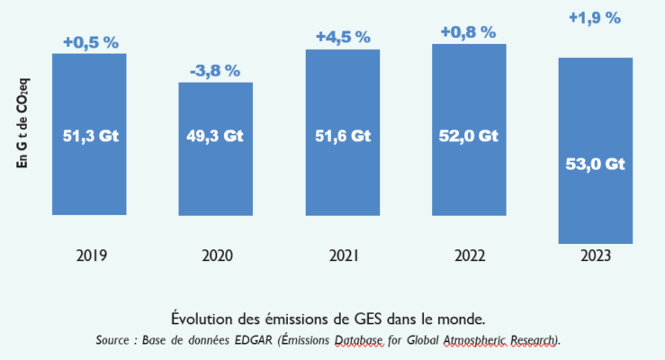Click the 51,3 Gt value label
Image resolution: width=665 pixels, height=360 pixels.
tap(89, 137)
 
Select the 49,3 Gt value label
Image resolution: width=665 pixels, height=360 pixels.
tap(215, 137)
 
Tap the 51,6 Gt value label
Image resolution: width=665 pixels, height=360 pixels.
tap(343, 137)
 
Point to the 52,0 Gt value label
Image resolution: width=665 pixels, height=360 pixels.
tap(469, 137)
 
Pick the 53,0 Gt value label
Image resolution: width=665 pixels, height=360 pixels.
tap(595, 164)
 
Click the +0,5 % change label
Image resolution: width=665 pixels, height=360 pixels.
tap(89, 41)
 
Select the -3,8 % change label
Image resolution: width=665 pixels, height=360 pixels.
tap(215, 71)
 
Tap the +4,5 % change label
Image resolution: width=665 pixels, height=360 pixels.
tap(343, 37)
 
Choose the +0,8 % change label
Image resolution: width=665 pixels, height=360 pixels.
tap(469, 32)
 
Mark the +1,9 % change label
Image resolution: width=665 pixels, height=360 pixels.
tap(595, 17)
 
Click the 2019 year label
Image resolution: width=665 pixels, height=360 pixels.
tap(89, 256)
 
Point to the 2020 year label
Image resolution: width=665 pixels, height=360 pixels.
tap(215, 256)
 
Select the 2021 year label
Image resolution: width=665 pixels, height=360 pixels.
tap(343, 256)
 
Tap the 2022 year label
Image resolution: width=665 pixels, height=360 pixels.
tap(469, 256)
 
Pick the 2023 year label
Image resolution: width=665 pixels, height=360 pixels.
tap(595, 256)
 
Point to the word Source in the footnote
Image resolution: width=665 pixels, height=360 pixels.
tap(115, 340)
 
